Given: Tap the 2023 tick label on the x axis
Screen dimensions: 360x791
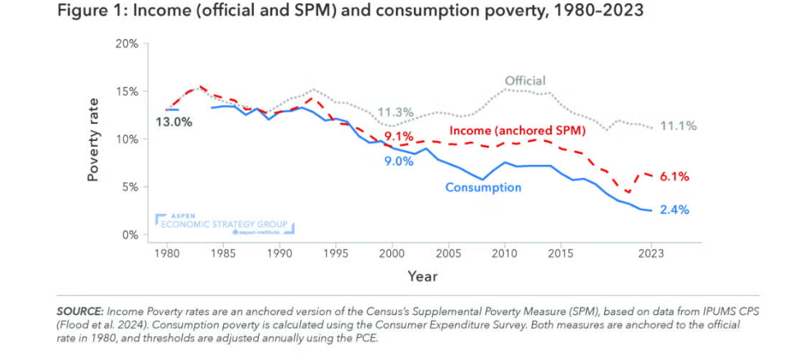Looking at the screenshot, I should tap(651, 253).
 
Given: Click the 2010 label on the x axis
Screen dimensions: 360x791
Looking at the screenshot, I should tap(504, 253).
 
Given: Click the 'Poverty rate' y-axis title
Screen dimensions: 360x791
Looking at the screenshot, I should tap(96, 139).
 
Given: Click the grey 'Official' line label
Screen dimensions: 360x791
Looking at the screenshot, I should tap(525, 80).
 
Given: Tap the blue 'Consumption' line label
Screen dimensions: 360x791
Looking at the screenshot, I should tap(483, 188).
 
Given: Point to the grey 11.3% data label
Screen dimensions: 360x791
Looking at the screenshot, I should tap(395, 112).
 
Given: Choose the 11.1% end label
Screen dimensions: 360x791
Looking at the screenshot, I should tap(679, 125).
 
